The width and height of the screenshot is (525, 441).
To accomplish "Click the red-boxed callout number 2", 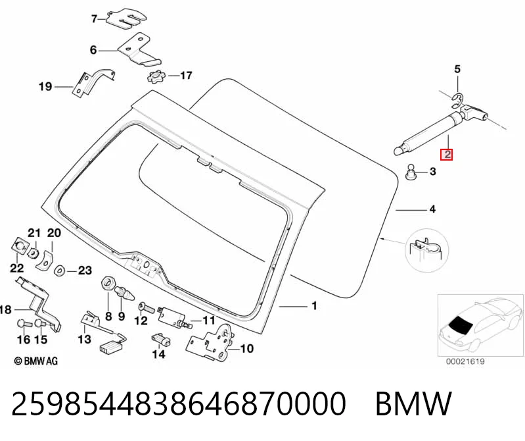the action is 447,155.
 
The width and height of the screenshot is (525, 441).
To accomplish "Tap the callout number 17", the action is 186,76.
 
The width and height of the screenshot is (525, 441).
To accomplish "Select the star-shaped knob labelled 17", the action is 156,77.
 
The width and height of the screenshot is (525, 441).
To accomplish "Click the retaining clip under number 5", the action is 457,97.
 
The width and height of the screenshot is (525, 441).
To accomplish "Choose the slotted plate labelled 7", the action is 126,19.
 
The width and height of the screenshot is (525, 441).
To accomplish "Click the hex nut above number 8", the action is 108,284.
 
